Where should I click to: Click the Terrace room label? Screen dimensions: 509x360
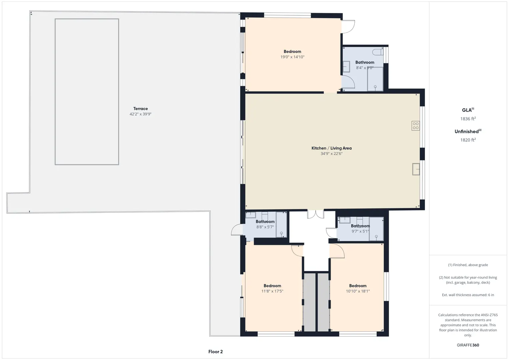(x=140, y=109)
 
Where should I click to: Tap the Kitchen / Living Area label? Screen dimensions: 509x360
(x=331, y=148)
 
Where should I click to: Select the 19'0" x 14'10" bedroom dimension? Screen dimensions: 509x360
(x=292, y=57)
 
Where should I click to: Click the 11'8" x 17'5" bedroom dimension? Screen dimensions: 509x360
(x=272, y=291)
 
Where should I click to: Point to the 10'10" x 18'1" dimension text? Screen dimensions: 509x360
(x=358, y=291)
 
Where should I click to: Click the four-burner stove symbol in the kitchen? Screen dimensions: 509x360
(x=416, y=126)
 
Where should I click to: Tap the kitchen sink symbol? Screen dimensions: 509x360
(x=416, y=169)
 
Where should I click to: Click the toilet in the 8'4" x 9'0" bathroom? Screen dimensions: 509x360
(x=378, y=52)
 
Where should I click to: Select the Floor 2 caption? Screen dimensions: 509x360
(x=215, y=352)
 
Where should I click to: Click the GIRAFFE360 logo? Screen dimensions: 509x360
(x=468, y=345)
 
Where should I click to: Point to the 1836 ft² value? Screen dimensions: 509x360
(x=468, y=119)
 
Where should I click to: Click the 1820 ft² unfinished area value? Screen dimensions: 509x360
(x=468, y=140)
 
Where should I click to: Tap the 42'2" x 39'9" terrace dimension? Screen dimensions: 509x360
(x=140, y=114)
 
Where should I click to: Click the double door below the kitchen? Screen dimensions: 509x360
(x=316, y=214)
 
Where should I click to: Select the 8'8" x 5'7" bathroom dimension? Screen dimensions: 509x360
(x=265, y=227)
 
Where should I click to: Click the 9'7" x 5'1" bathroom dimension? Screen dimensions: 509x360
(x=360, y=231)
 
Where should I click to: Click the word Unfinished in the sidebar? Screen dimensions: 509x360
(x=466, y=132)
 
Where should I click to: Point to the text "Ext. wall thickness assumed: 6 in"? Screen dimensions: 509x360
(x=468, y=295)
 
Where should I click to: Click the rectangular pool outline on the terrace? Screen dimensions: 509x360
(x=55, y=92)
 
